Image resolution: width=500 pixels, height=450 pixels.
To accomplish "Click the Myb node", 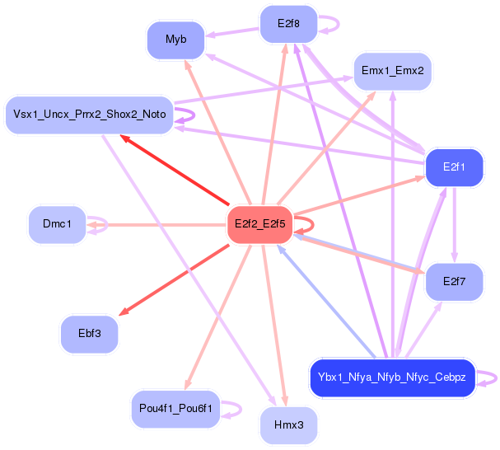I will [x=175, y=40].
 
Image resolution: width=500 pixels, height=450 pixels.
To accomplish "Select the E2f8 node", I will [x=288, y=24].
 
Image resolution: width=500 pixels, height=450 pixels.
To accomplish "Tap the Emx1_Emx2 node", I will [x=392, y=71].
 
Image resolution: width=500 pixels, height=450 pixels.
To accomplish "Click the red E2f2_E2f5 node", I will [x=259, y=223].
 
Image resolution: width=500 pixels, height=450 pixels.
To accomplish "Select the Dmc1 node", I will [x=57, y=224].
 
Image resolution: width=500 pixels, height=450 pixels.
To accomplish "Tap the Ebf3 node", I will [x=89, y=335].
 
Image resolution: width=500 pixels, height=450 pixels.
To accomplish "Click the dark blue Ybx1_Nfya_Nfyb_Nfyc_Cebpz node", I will [x=392, y=378].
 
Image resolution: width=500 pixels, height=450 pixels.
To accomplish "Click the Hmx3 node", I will [x=288, y=425].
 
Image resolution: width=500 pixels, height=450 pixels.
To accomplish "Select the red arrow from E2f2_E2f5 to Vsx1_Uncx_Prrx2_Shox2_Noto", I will [x=173, y=169].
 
